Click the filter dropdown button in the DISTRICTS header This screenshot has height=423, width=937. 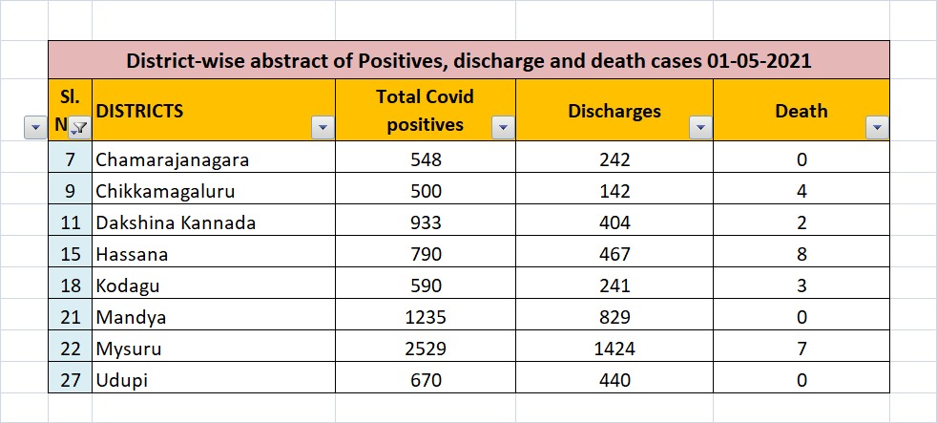[x=323, y=127]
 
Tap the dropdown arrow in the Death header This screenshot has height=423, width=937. [x=877, y=127]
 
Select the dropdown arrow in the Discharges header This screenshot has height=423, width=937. [x=701, y=127]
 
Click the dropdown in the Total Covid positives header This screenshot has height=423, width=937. [x=503, y=127]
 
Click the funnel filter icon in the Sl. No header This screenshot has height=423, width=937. [x=79, y=127]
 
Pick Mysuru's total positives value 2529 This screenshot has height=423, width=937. [x=425, y=349]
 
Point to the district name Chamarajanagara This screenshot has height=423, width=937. [x=173, y=159]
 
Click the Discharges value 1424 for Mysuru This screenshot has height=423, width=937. [x=614, y=349]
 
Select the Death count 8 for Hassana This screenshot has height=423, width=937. [x=802, y=254]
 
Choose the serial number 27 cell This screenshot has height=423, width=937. [x=71, y=380]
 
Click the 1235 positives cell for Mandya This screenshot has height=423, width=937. [x=425, y=316]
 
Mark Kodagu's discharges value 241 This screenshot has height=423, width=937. [x=614, y=286]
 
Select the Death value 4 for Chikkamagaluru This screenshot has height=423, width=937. [x=802, y=191]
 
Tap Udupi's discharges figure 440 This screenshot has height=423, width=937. [x=614, y=380]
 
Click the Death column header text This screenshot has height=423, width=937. [x=802, y=111]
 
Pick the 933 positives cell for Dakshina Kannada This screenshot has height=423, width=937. [x=425, y=222]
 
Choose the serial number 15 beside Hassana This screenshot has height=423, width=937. [x=71, y=254]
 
